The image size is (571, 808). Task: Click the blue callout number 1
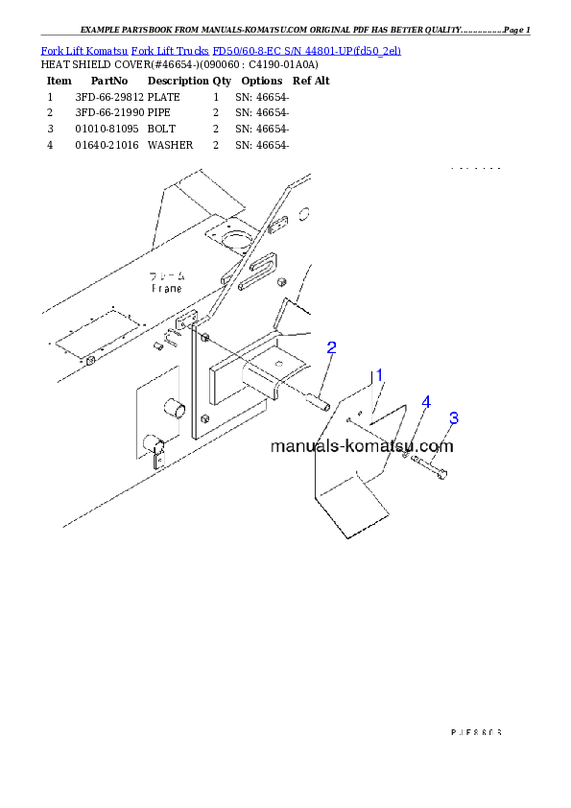point(379,375)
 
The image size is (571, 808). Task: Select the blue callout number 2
point(331,347)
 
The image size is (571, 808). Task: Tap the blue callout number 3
point(454,418)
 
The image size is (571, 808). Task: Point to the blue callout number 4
point(425,401)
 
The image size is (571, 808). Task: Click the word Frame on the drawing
point(167,287)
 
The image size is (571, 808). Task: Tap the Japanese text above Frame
point(169,275)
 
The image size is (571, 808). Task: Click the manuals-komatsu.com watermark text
point(362,446)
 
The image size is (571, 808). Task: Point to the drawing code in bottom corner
point(476,731)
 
